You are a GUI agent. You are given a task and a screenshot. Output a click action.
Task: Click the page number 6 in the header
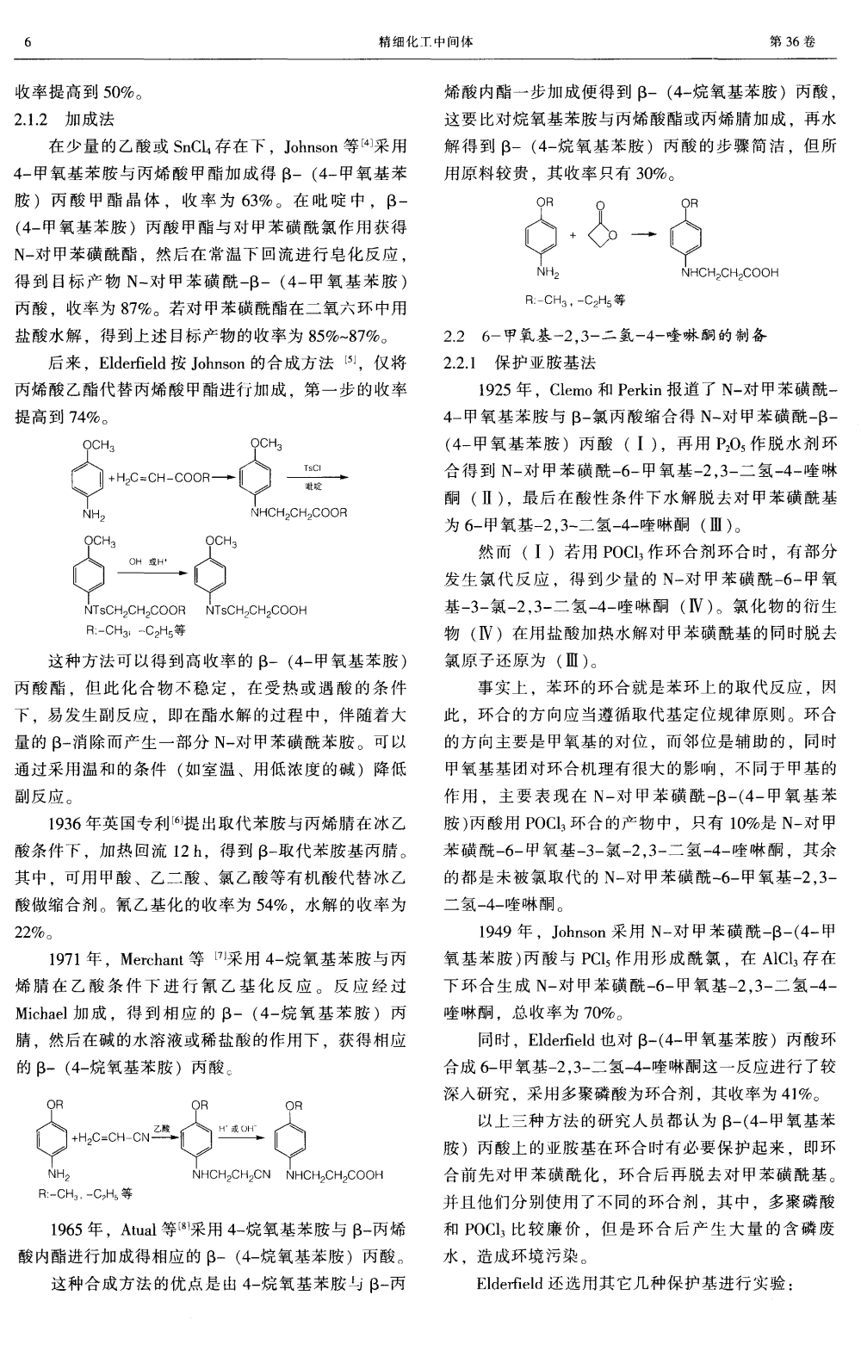[x=28, y=41]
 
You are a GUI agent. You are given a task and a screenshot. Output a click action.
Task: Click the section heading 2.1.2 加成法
[x=65, y=119]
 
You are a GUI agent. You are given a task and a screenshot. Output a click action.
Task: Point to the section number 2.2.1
[x=461, y=362]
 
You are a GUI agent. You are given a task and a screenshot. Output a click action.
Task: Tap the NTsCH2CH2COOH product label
[x=256, y=610]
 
